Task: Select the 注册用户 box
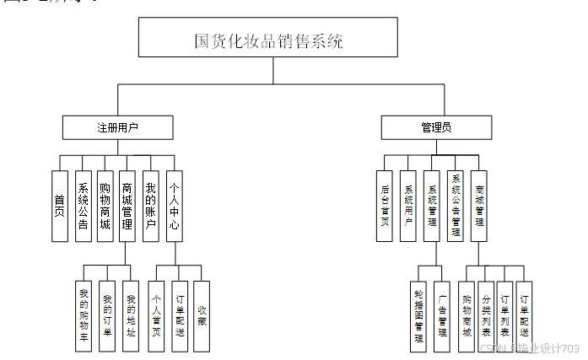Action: (x=117, y=127)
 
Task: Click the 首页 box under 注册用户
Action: (x=59, y=206)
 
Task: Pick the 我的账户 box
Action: (x=150, y=206)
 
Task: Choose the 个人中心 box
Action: (x=174, y=206)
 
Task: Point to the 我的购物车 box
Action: (x=84, y=316)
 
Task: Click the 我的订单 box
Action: (x=107, y=316)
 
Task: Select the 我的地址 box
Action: (x=130, y=316)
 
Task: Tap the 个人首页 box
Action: (x=156, y=316)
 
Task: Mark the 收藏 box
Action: (x=201, y=316)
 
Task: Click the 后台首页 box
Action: (x=384, y=206)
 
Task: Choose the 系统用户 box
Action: (x=407, y=206)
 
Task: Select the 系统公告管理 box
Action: (x=456, y=206)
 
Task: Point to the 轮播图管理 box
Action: (x=419, y=316)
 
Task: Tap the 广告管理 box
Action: (x=442, y=316)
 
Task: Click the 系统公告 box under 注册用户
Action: (x=83, y=206)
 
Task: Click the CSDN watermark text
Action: (x=528, y=348)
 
